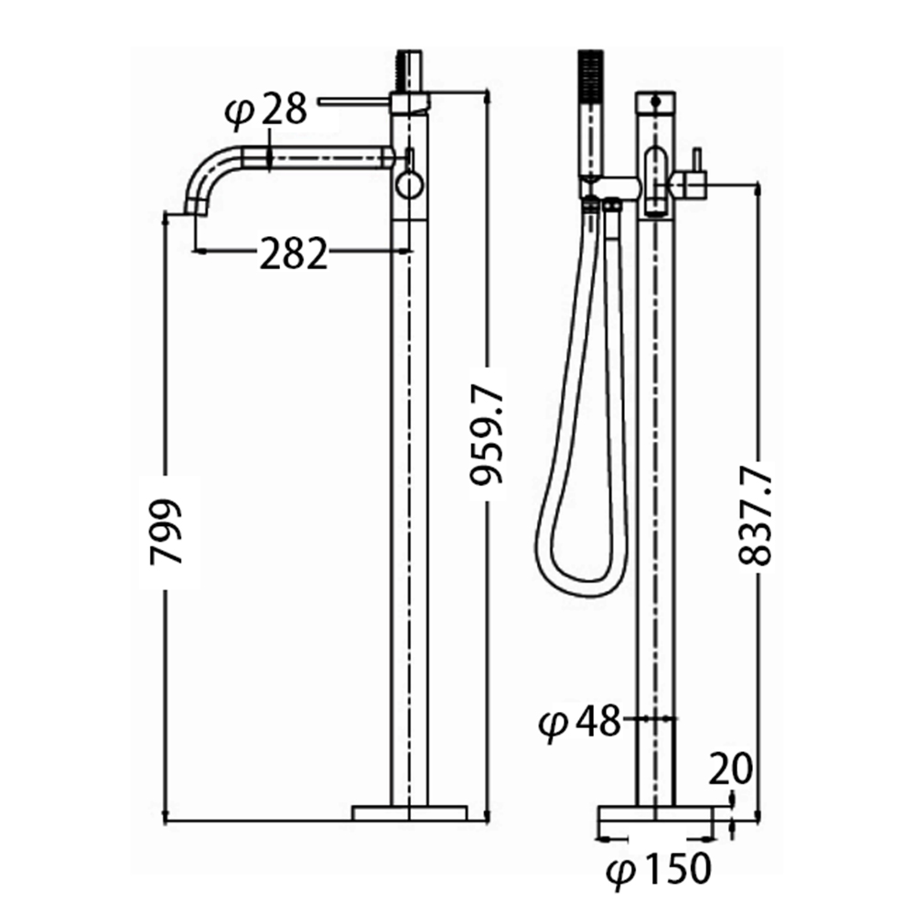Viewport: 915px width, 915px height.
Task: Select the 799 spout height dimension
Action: pos(166,532)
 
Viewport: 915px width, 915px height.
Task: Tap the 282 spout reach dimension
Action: pos(293,253)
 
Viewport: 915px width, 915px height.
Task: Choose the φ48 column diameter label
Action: pos(579,722)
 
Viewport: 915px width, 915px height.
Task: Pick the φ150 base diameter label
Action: pos(658,869)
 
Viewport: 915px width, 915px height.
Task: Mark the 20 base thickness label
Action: pos(730,769)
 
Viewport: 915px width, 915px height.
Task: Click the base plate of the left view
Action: pos(410,813)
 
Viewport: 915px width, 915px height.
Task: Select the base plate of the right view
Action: pos(656,814)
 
